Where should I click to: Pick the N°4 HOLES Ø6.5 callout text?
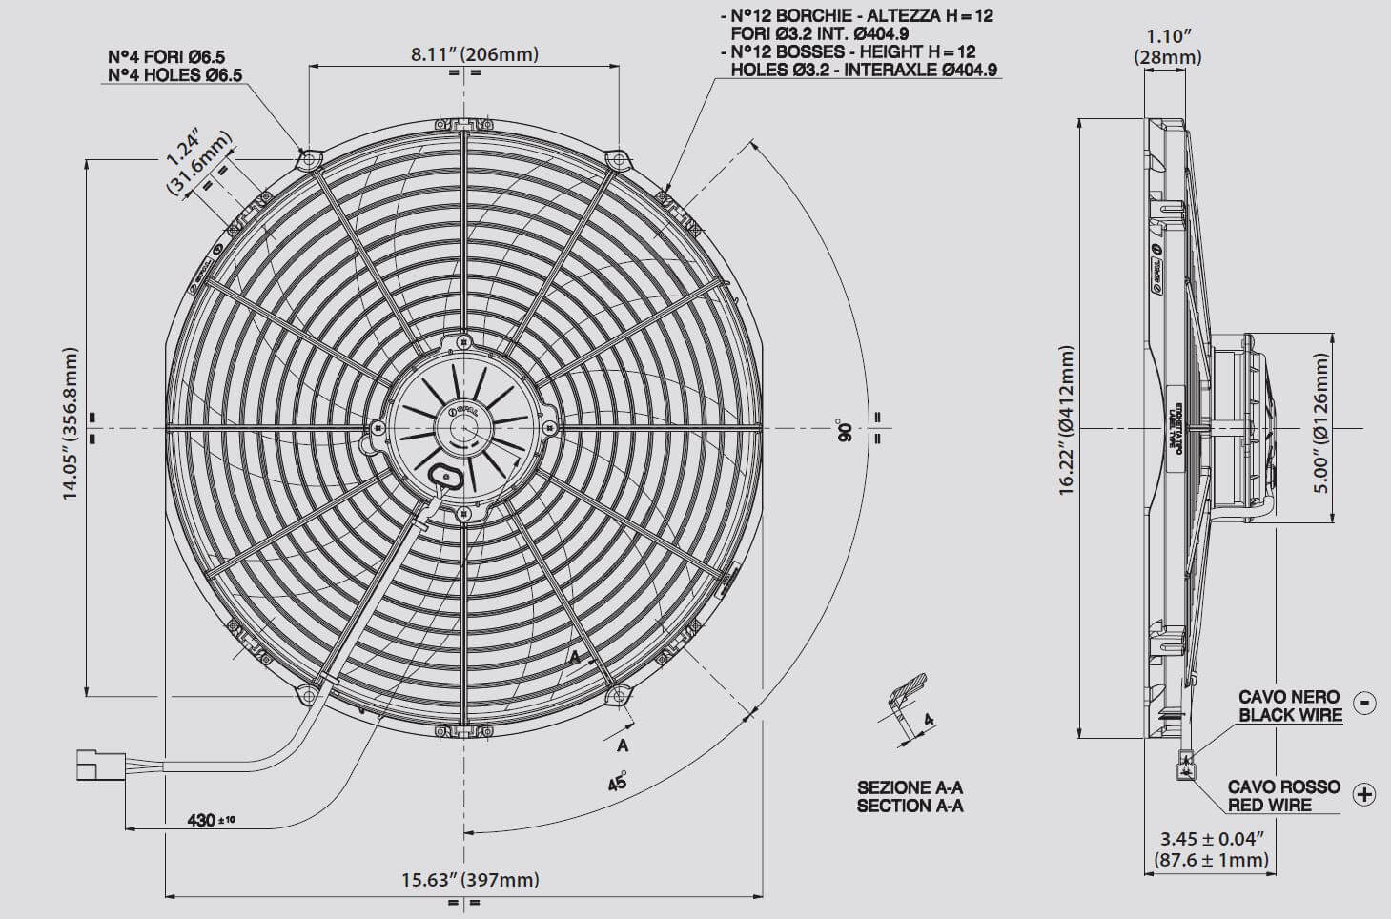[x=174, y=74]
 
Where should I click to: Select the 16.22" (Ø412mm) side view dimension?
[x=1067, y=420]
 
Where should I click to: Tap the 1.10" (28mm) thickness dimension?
[x=1167, y=47]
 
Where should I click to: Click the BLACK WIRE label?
[x=1290, y=715]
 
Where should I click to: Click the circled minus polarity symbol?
[x=1365, y=704]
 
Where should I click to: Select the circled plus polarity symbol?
[x=1364, y=794]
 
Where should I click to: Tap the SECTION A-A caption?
[x=910, y=806]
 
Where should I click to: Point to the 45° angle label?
[x=617, y=781]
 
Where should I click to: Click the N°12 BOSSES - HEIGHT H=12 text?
[x=852, y=51]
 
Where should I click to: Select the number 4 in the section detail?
[x=928, y=721]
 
